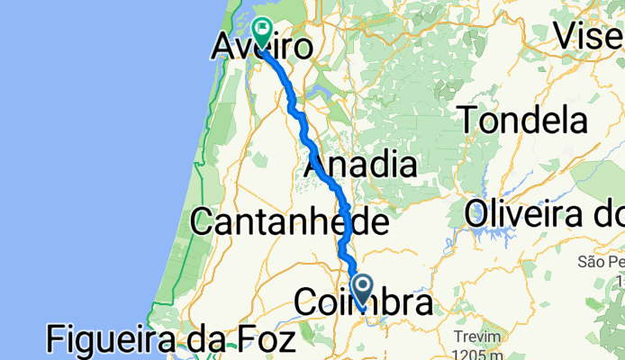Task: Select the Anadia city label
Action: tap(362, 166)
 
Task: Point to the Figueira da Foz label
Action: tap(171, 340)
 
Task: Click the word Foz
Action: tap(262, 340)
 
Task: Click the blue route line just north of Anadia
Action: tap(310, 144)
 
